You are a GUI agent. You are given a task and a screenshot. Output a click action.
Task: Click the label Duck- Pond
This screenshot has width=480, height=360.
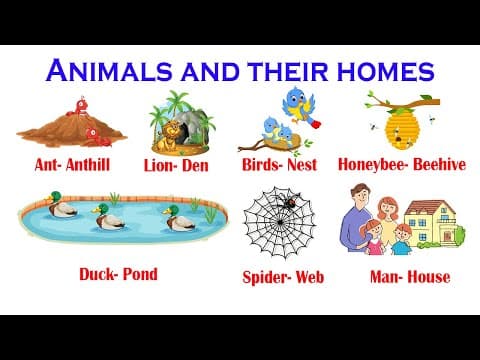[x=118, y=272]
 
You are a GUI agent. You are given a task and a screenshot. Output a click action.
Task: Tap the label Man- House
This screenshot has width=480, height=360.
[x=409, y=276]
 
